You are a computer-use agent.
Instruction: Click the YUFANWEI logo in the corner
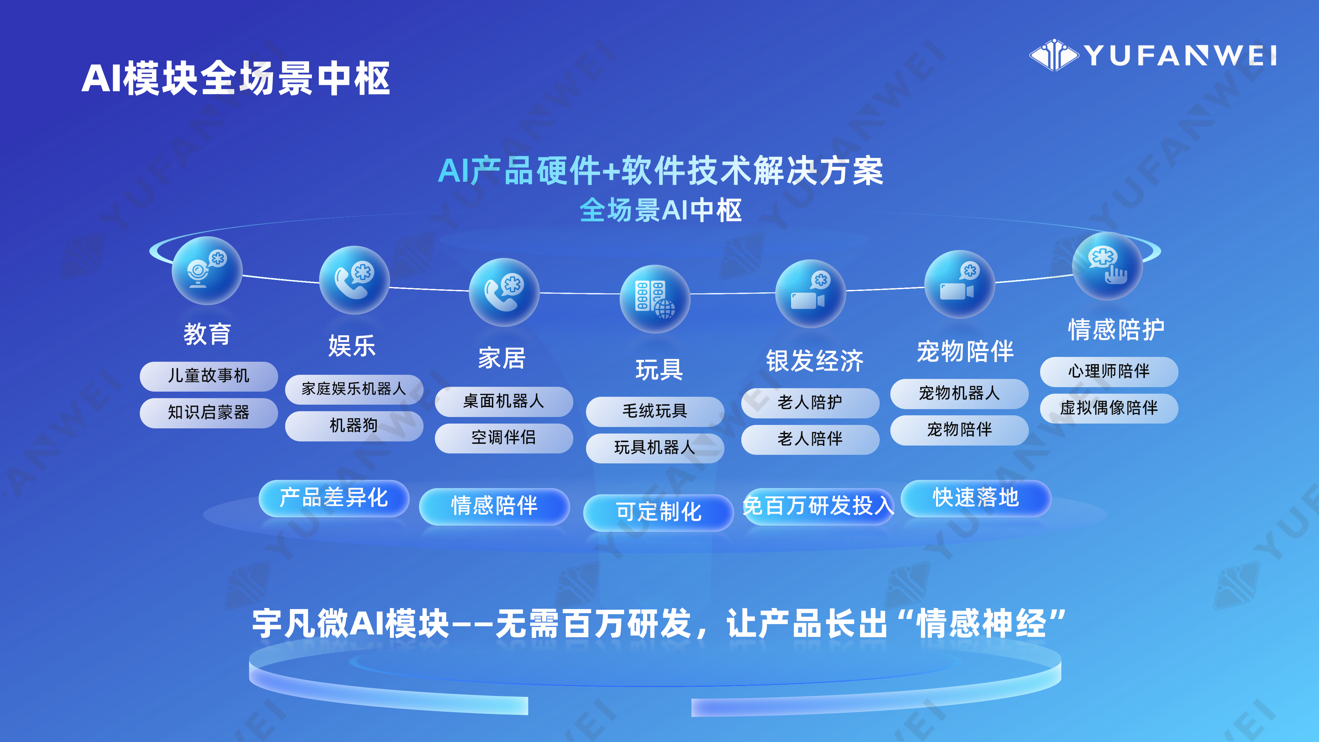pos(1153,55)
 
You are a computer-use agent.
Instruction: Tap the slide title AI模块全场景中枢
pos(236,78)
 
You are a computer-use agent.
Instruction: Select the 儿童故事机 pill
pos(209,376)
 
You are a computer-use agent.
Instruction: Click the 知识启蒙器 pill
pos(209,413)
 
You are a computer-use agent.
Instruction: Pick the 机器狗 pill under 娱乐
pos(354,426)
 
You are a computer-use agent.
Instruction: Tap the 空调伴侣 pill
pos(504,438)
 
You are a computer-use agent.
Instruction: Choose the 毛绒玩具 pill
pos(655,411)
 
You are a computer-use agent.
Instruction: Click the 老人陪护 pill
pos(810,403)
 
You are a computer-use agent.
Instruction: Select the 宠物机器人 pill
pos(960,393)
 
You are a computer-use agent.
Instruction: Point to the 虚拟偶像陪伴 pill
pos(1109,408)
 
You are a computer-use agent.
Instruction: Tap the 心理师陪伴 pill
pos(1109,371)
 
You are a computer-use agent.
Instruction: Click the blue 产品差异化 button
pos(334,498)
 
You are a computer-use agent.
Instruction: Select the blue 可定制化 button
pos(658,512)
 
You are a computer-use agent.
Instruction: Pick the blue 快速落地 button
pos(976,498)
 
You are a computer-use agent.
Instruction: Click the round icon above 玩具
pos(655,299)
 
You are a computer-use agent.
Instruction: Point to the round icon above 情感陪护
pos(1107,266)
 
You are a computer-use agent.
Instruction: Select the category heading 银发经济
pos(815,361)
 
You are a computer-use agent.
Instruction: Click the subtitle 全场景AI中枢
pos(661,211)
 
